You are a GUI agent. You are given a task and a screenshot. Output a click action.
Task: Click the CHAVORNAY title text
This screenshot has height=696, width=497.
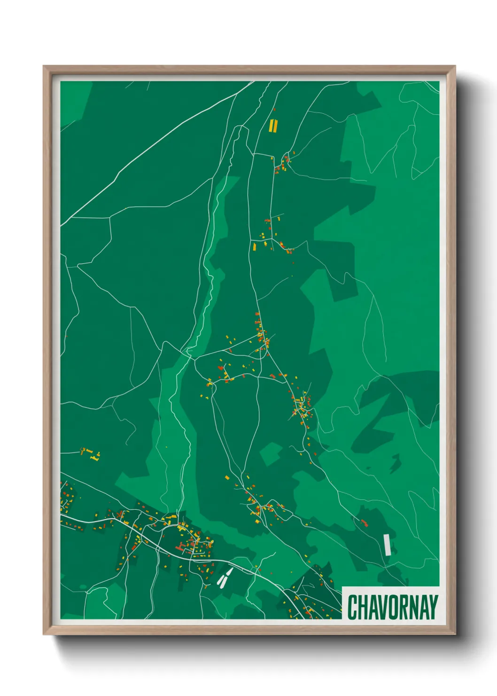pos(392,607)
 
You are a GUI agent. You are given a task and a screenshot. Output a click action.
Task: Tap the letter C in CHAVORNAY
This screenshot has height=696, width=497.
pos(352,607)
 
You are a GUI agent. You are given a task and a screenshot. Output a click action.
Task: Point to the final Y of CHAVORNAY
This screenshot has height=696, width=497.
pos(433,607)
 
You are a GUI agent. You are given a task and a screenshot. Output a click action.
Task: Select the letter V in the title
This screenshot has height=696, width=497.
pos(382,607)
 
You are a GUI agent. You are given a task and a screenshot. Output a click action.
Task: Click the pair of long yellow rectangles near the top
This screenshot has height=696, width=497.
pos(273,126)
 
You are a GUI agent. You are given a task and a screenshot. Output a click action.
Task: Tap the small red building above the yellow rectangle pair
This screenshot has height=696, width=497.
pos(275,110)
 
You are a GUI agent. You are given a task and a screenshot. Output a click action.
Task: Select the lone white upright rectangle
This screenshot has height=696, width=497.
pos(387,545)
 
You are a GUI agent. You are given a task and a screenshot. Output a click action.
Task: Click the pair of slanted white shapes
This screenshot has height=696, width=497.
pos(225,578)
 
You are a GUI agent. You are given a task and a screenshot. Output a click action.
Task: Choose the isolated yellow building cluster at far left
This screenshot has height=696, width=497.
pos(90,454)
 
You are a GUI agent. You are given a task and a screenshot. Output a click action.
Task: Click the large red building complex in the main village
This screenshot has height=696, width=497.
pos(181,547)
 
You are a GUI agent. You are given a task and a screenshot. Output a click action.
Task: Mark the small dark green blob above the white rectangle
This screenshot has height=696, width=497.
pos(395,463)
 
